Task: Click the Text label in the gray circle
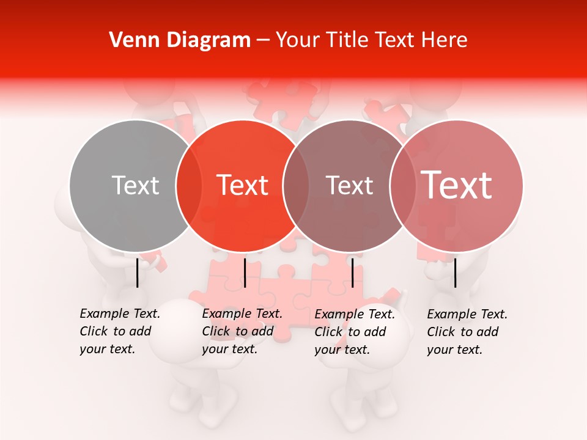click(x=135, y=185)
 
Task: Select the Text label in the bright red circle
click(x=243, y=185)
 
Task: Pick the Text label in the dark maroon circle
click(x=350, y=185)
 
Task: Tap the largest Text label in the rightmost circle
click(x=456, y=185)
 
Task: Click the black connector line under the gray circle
click(x=137, y=273)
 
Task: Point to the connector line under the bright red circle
click(x=245, y=273)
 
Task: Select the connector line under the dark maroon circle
click(x=352, y=273)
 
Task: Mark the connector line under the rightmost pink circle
click(x=455, y=273)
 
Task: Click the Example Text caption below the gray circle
click(x=120, y=331)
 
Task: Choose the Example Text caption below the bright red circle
click(x=242, y=331)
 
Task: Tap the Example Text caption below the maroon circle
click(x=355, y=332)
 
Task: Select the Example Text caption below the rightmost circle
click(x=467, y=332)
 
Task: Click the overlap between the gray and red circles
click(x=189, y=186)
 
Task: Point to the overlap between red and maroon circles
click(x=296, y=186)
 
